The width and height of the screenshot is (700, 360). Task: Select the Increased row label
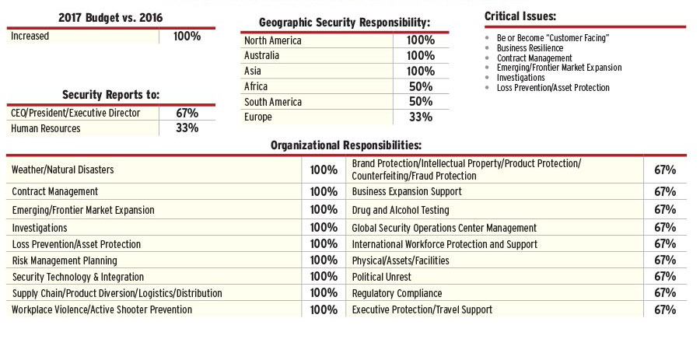pos(30,36)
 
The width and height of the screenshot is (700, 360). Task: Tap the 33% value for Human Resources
pos(187,128)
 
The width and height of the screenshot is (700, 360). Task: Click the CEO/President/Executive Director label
pos(75,113)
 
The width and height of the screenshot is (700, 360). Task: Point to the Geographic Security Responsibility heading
pos(345,23)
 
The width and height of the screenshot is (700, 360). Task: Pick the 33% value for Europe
pos(420,117)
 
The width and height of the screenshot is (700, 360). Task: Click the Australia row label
pos(261,56)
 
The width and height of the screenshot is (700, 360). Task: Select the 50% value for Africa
pos(420,86)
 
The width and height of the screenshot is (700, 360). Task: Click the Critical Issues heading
pos(520,16)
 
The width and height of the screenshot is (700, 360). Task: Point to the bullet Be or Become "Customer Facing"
pos(552,38)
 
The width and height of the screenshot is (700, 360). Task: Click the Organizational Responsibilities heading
pos(346,145)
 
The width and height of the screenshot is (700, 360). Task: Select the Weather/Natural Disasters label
pos(63,170)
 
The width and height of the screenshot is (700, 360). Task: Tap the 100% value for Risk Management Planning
pos(324,260)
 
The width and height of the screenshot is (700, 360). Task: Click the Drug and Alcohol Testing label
pos(400,210)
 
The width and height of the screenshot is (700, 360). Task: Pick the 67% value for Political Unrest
pos(665,277)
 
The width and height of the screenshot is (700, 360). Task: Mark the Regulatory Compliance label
pos(397,293)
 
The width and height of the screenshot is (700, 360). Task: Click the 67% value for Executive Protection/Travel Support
pos(665,309)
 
